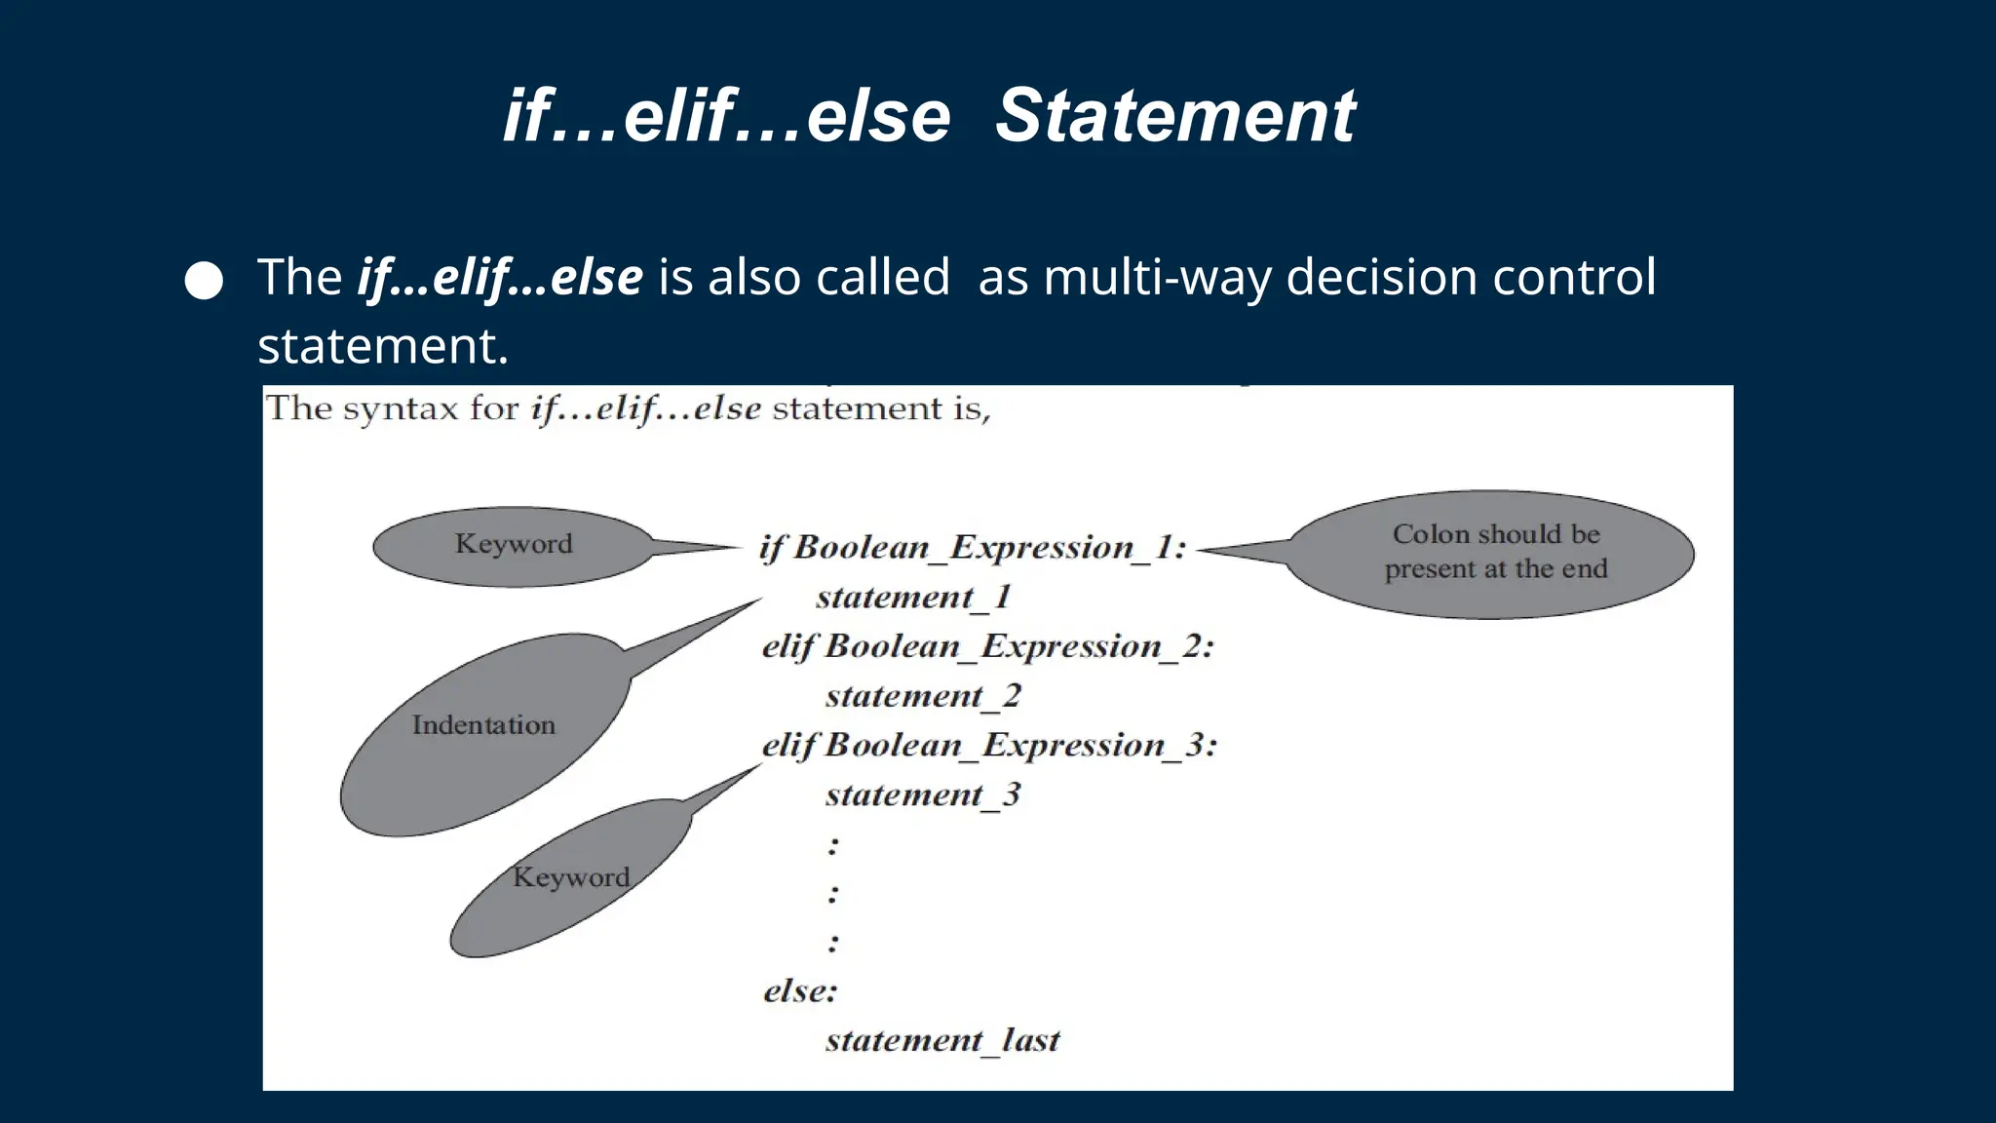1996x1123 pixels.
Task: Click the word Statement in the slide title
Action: [1174, 116]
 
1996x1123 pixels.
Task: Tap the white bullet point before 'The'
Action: [204, 281]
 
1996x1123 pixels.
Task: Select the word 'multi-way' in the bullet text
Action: [1157, 278]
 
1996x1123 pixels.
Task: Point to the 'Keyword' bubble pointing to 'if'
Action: [514, 545]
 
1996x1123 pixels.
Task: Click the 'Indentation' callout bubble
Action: [484, 726]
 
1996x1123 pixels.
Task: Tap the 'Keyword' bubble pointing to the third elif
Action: [571, 877]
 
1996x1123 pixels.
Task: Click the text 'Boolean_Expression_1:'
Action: [990, 548]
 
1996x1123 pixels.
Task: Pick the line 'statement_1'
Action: [913, 597]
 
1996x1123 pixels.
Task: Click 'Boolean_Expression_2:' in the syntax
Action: [1019, 646]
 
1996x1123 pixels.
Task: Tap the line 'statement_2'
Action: [923, 696]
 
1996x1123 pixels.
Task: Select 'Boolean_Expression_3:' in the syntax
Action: [1021, 746]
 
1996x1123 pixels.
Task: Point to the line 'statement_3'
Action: [923, 795]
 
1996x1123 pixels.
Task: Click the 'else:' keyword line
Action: [800, 991]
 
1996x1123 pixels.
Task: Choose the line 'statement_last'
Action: [942, 1040]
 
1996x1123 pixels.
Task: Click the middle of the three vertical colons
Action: [833, 893]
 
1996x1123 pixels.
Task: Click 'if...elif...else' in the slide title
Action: [726, 116]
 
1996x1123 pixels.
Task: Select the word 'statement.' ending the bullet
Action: [383, 346]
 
